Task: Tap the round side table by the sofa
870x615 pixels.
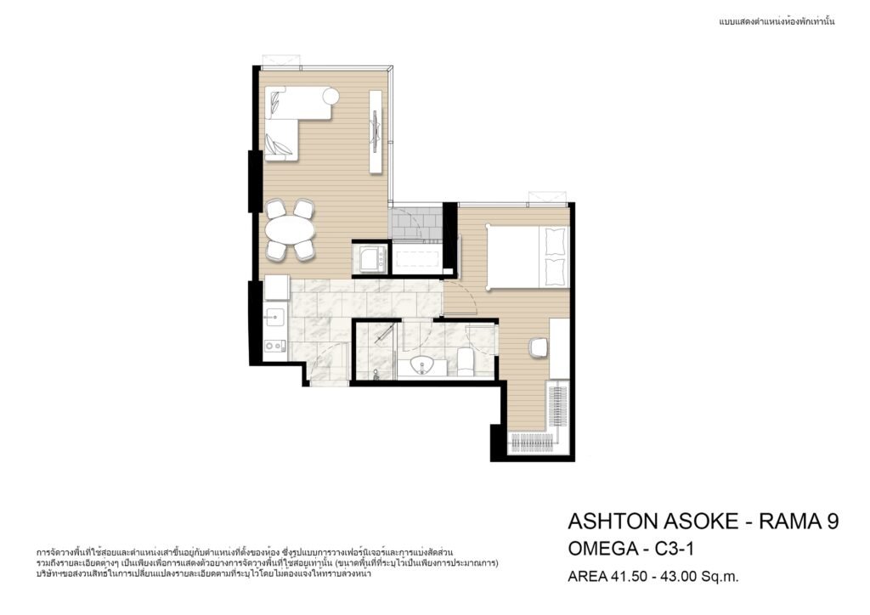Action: [330, 96]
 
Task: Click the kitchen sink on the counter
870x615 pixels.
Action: [274, 318]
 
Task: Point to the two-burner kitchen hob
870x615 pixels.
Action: [274, 346]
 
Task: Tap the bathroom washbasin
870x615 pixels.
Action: [423, 366]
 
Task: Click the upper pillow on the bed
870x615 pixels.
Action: [555, 240]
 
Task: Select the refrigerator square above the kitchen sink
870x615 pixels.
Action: [276, 288]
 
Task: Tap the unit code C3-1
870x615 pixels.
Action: [675, 549]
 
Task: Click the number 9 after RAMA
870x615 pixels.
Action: [833, 522]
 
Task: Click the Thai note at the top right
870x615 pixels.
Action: [777, 22]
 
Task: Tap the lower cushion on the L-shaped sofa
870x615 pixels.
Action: [278, 146]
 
